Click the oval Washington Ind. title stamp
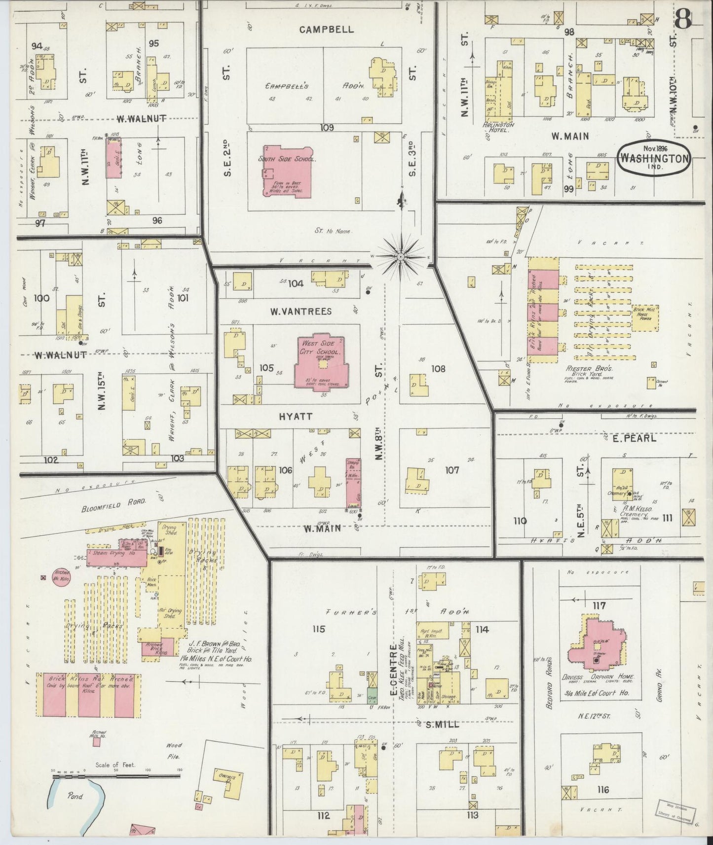point(653,158)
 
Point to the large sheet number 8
point(683,20)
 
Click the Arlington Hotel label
point(501,127)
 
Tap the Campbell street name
point(327,29)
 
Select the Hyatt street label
point(296,417)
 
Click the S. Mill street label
point(442,725)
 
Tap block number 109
point(327,128)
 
